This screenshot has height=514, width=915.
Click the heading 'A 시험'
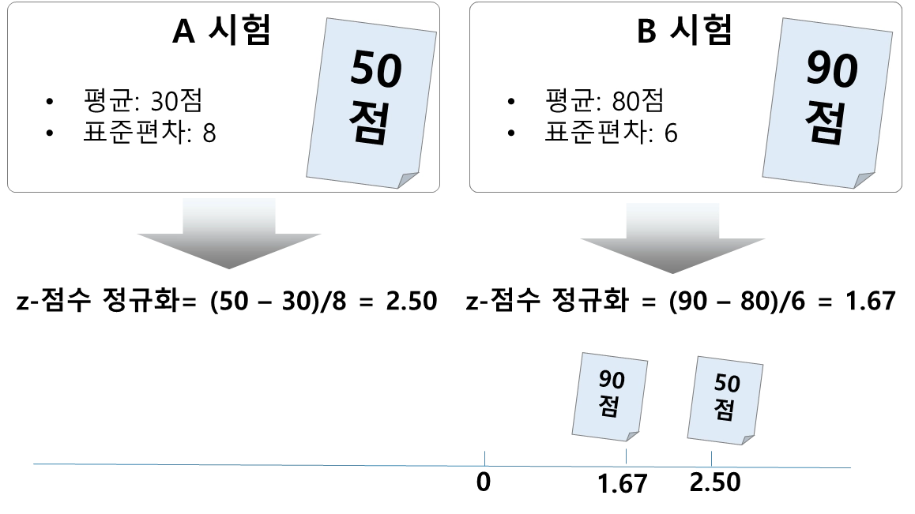coord(221,32)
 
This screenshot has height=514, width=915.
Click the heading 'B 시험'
coord(684,32)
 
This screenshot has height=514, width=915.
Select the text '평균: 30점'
coord(143,101)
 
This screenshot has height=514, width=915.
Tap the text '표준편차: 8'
coord(149,132)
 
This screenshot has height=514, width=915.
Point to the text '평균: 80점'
coord(604,101)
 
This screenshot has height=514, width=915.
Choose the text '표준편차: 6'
coord(611,132)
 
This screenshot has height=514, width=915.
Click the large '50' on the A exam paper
coord(376,70)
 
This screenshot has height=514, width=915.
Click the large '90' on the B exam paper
coord(832,70)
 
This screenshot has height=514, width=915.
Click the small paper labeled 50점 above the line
coord(725,399)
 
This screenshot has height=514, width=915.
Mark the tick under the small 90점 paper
coord(628,456)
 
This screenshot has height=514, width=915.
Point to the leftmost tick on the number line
coord(484,456)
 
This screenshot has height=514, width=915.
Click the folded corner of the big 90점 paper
coord(864,180)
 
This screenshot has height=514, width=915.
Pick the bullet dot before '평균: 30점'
coord(51,102)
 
